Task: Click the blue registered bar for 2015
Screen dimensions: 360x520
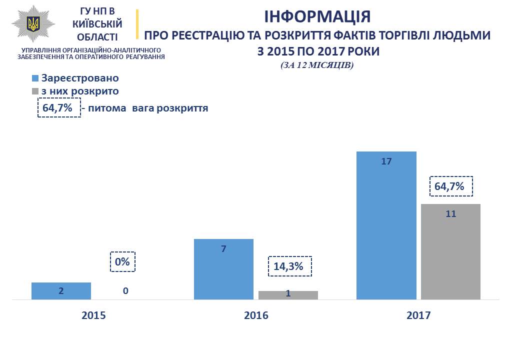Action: pyautogui.click(x=61, y=291)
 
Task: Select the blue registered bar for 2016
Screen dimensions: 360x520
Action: pyautogui.click(x=223, y=269)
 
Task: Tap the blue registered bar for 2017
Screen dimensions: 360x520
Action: pyautogui.click(x=386, y=225)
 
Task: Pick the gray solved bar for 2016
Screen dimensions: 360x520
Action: pyautogui.click(x=288, y=295)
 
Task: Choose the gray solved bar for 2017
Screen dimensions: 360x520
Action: pyautogui.click(x=450, y=251)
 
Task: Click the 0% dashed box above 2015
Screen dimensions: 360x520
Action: pyautogui.click(x=122, y=261)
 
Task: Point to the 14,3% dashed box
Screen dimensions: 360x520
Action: pyautogui.click(x=290, y=266)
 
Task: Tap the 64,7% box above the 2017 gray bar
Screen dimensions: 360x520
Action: pyautogui.click(x=451, y=186)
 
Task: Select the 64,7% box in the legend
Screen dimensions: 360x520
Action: pyautogui.click(x=59, y=107)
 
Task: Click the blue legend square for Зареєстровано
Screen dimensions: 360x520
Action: pyautogui.click(x=35, y=78)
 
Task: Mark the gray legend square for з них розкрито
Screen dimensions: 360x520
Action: pyautogui.click(x=35, y=91)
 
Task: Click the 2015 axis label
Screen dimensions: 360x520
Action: pyautogui.click(x=93, y=315)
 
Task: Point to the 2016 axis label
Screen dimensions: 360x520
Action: pyautogui.click(x=256, y=315)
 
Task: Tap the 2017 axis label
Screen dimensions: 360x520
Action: pyautogui.click(x=418, y=315)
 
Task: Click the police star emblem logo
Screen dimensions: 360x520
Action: pyautogui.click(x=33, y=25)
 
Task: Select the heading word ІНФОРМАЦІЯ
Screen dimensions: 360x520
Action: pyautogui.click(x=317, y=16)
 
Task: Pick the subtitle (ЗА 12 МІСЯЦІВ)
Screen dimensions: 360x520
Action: pyautogui.click(x=317, y=65)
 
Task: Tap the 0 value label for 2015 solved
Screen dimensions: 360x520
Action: pyautogui.click(x=125, y=290)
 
